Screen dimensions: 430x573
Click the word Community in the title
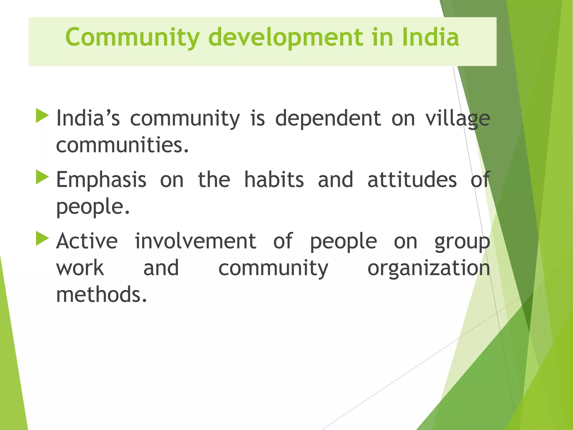pyautogui.click(x=132, y=38)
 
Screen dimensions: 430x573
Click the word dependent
pyautogui.click(x=328, y=118)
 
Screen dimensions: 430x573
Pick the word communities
pyautogui.click(x=122, y=145)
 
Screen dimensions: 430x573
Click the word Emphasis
pyautogui.click(x=101, y=180)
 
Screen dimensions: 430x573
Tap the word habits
pyautogui.click(x=274, y=180)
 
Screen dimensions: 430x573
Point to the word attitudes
pyautogui.click(x=412, y=180)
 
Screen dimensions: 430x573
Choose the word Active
pyautogui.click(x=87, y=241)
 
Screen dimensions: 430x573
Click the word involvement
pyautogui.click(x=195, y=241)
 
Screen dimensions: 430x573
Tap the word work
pyautogui.click(x=80, y=268)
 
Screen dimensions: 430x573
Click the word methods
pyautogui.click(x=101, y=295)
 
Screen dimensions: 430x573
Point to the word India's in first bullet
pyautogui.click(x=88, y=118)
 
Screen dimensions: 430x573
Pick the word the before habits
pyautogui.click(x=214, y=180)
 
